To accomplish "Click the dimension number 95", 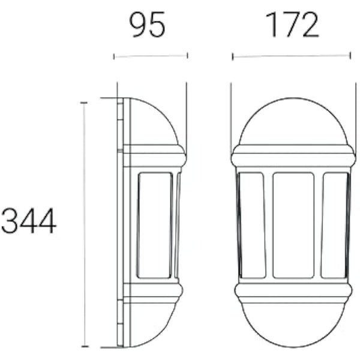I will (x=148, y=26).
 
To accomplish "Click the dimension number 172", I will (x=292, y=26).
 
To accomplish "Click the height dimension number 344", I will (x=28, y=221).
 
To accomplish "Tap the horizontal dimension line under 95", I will (x=151, y=56).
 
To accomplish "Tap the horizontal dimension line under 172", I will (x=291, y=56).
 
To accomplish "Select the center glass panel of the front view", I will (x=293, y=225).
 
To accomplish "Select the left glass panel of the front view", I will (x=252, y=225).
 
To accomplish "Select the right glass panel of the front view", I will (x=334, y=225).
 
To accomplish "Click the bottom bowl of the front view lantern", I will (x=293, y=324).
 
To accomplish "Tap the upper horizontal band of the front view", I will (x=293, y=157).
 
